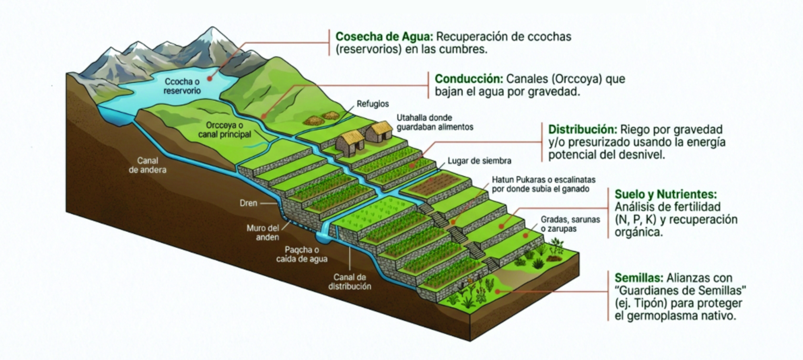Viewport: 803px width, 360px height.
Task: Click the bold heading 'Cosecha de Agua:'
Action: (384, 37)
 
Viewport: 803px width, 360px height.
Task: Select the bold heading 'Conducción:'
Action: (469, 79)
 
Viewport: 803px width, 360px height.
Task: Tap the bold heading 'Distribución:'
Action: (583, 130)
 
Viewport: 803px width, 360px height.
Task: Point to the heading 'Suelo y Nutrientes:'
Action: (665, 194)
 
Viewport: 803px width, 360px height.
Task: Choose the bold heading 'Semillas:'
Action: (639, 278)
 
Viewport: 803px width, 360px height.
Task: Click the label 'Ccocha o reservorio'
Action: (182, 86)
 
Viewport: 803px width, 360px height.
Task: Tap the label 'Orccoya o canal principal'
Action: (224, 130)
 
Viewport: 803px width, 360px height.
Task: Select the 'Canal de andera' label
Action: (148, 165)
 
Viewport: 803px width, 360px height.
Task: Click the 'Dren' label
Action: (248, 203)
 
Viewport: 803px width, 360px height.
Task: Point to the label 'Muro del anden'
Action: (263, 232)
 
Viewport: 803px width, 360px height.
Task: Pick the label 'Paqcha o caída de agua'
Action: (302, 254)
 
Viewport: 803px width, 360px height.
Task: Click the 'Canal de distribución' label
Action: (350, 282)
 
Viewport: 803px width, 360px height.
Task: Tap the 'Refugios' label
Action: (373, 104)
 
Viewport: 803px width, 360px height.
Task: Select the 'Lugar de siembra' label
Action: (479, 161)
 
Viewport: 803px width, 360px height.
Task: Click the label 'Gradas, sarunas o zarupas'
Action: (570, 224)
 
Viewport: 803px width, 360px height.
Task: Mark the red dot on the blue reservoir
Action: (209, 79)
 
